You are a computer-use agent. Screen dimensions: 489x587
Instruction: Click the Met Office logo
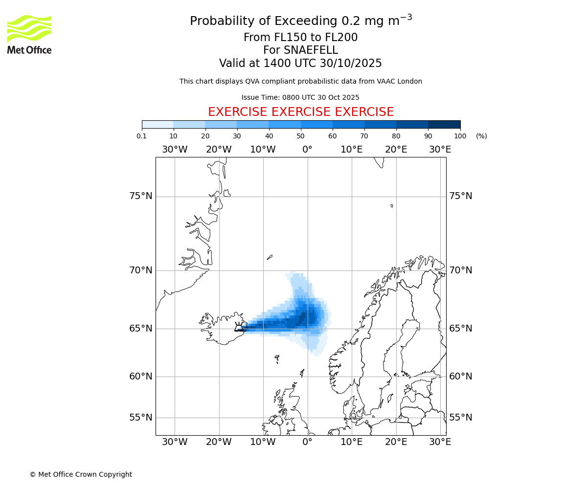29,34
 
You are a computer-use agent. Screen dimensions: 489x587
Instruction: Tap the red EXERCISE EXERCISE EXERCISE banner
301,112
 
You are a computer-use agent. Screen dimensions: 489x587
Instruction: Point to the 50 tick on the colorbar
301,128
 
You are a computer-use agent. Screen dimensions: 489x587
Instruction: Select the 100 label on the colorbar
460,136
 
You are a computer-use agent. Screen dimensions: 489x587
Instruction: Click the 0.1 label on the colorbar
142,136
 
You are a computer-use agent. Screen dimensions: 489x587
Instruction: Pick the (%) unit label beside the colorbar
481,136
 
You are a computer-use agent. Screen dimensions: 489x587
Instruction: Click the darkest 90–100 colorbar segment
444,124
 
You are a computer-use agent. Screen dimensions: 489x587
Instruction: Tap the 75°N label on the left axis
141,196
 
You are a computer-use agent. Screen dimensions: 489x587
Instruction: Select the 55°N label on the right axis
461,417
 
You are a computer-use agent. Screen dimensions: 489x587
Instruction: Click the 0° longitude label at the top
307,149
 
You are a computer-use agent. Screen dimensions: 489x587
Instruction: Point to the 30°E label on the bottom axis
440,442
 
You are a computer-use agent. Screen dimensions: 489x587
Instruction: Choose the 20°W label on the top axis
219,149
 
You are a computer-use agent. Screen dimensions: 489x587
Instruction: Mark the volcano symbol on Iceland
239,327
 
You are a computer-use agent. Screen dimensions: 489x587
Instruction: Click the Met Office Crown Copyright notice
81,474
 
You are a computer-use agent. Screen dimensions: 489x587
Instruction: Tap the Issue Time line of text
300,97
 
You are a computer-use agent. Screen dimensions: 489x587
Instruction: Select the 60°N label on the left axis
141,376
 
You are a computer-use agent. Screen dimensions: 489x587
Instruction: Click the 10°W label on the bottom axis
263,442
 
